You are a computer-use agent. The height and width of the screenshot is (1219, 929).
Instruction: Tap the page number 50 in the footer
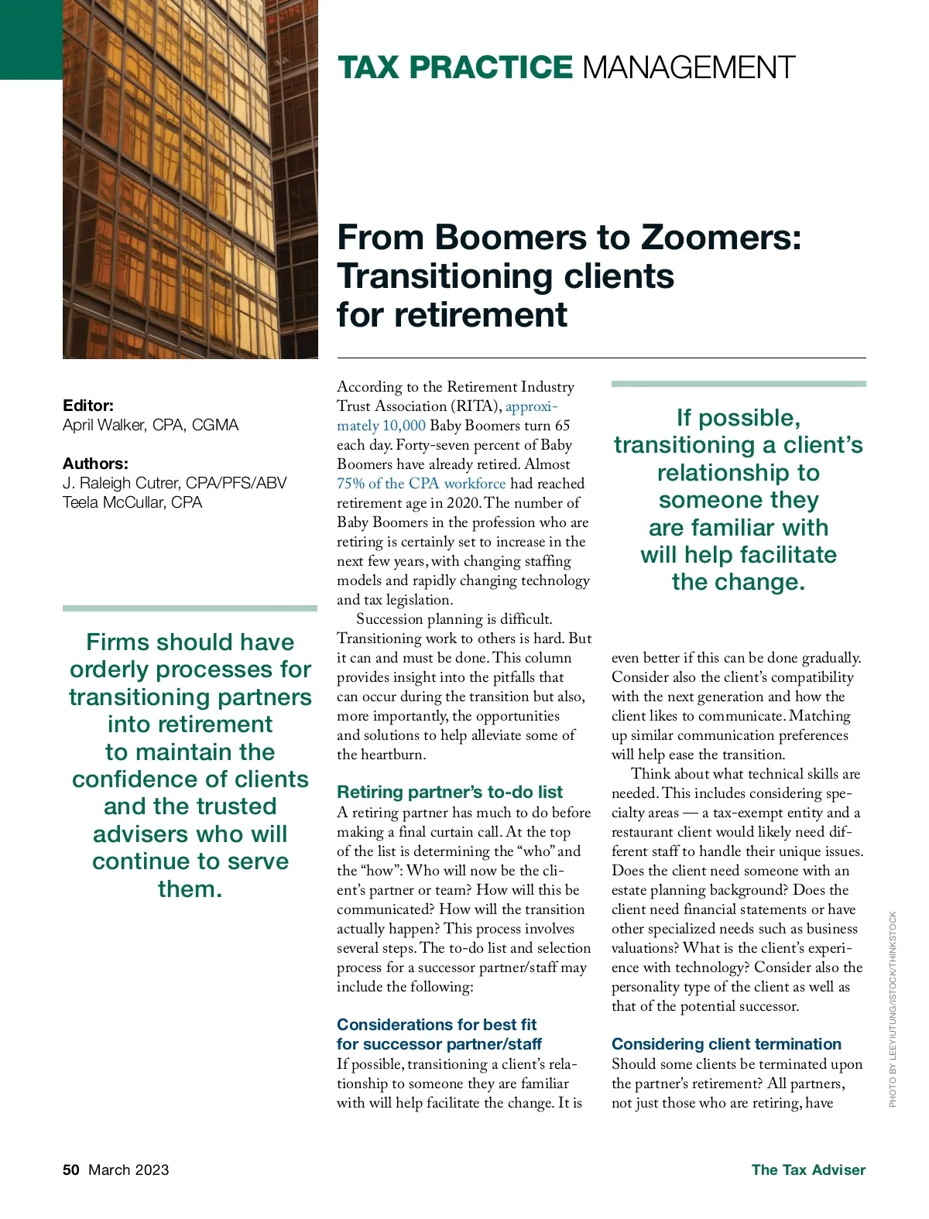pos(70,1169)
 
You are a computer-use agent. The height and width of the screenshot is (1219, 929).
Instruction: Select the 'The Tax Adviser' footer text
pos(808,1169)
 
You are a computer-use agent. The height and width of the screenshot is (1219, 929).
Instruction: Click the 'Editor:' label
pos(88,406)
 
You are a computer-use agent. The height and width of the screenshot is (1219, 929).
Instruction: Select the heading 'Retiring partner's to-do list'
pos(450,792)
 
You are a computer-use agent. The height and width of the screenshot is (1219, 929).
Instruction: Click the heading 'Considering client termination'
pos(726,1044)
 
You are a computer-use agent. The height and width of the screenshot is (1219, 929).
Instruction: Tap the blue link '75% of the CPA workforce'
pos(421,484)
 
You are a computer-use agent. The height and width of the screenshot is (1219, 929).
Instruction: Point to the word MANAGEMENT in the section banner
pos(688,68)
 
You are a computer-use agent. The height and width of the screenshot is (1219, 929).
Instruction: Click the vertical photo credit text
pos(893,1008)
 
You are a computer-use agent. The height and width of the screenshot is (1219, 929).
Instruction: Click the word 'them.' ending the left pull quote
pos(190,889)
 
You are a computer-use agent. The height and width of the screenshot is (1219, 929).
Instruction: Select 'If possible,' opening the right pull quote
pos(738,418)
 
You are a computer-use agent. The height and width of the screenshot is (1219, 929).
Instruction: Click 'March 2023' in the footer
pos(129,1169)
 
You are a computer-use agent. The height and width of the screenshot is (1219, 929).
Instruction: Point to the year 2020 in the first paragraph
pos(463,503)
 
